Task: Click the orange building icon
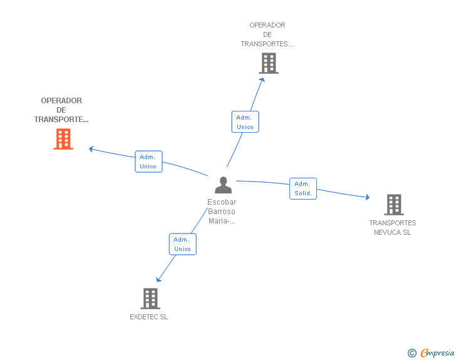63,139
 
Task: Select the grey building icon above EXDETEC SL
150,299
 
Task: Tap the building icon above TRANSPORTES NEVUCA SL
394,205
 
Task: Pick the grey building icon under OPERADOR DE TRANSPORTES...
269,63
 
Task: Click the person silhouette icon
223,185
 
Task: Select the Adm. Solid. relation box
303,188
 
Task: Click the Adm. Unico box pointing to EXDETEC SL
183,244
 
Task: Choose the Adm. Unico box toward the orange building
148,162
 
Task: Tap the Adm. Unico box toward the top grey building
245,122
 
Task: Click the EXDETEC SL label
149,317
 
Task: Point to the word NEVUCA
386,232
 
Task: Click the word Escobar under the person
222,202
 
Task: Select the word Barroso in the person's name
222,212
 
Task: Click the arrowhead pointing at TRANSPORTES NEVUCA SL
368,197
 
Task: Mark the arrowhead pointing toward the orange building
91,149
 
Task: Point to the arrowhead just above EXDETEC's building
158,279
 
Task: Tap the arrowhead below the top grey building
262,80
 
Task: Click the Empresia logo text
437,352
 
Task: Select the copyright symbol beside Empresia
412,353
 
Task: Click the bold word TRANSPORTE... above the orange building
61,120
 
